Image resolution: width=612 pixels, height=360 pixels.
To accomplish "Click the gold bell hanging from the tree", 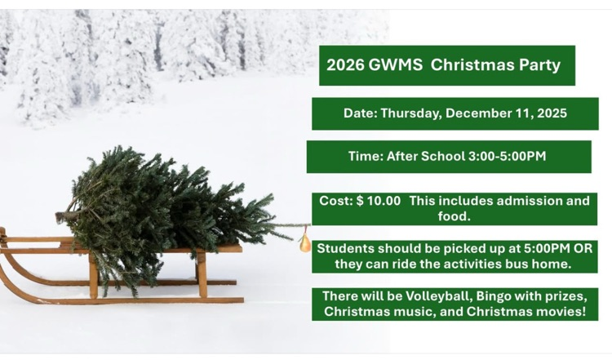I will click(305, 242).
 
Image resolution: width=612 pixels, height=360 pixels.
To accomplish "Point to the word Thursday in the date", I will click(410, 113).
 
